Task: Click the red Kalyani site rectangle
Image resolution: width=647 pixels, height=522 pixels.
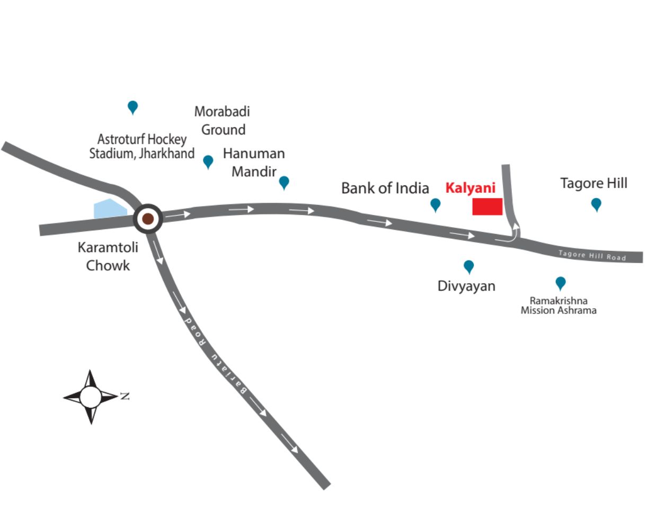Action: click(x=487, y=206)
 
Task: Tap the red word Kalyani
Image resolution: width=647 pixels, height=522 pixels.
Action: click(x=470, y=188)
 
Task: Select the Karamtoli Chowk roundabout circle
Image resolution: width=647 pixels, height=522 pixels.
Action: click(x=148, y=218)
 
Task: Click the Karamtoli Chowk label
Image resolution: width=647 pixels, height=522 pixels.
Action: click(x=108, y=256)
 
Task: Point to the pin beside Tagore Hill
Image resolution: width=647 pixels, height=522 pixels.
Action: click(x=596, y=204)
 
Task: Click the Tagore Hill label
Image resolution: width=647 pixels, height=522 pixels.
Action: click(x=593, y=183)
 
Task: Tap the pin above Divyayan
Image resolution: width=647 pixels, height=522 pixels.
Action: click(x=468, y=266)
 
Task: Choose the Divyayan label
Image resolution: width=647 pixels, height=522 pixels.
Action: click(x=466, y=286)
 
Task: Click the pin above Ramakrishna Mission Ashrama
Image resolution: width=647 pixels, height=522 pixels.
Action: click(x=560, y=283)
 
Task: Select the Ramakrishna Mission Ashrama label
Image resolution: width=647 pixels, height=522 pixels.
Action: click(x=559, y=305)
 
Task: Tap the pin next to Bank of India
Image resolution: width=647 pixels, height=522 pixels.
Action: click(x=435, y=204)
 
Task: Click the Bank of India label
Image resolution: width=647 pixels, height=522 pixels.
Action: click(x=385, y=188)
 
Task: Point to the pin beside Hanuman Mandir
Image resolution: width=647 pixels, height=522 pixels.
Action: click(x=284, y=182)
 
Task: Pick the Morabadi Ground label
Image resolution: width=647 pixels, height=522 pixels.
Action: click(x=222, y=121)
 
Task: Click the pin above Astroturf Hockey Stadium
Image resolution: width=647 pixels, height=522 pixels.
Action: click(x=132, y=107)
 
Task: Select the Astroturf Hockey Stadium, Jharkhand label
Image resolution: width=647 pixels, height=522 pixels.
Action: click(x=141, y=147)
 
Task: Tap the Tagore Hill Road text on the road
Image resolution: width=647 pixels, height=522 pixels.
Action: click(x=592, y=255)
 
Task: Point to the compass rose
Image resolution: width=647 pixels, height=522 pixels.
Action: click(x=91, y=397)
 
